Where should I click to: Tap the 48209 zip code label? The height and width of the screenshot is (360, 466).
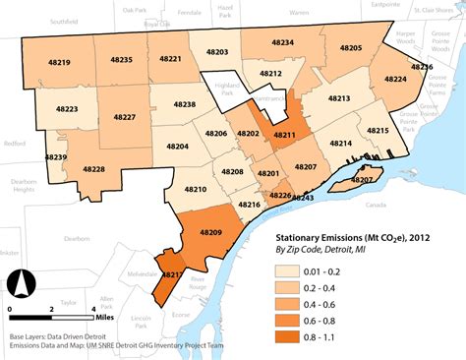coord(210,231)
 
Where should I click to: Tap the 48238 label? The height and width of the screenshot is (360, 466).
coord(184,103)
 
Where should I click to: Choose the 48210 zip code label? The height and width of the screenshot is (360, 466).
coord(195,188)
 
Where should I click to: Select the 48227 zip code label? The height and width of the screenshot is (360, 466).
coord(125,117)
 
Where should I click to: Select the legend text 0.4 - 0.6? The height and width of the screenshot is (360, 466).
coord(344,305)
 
